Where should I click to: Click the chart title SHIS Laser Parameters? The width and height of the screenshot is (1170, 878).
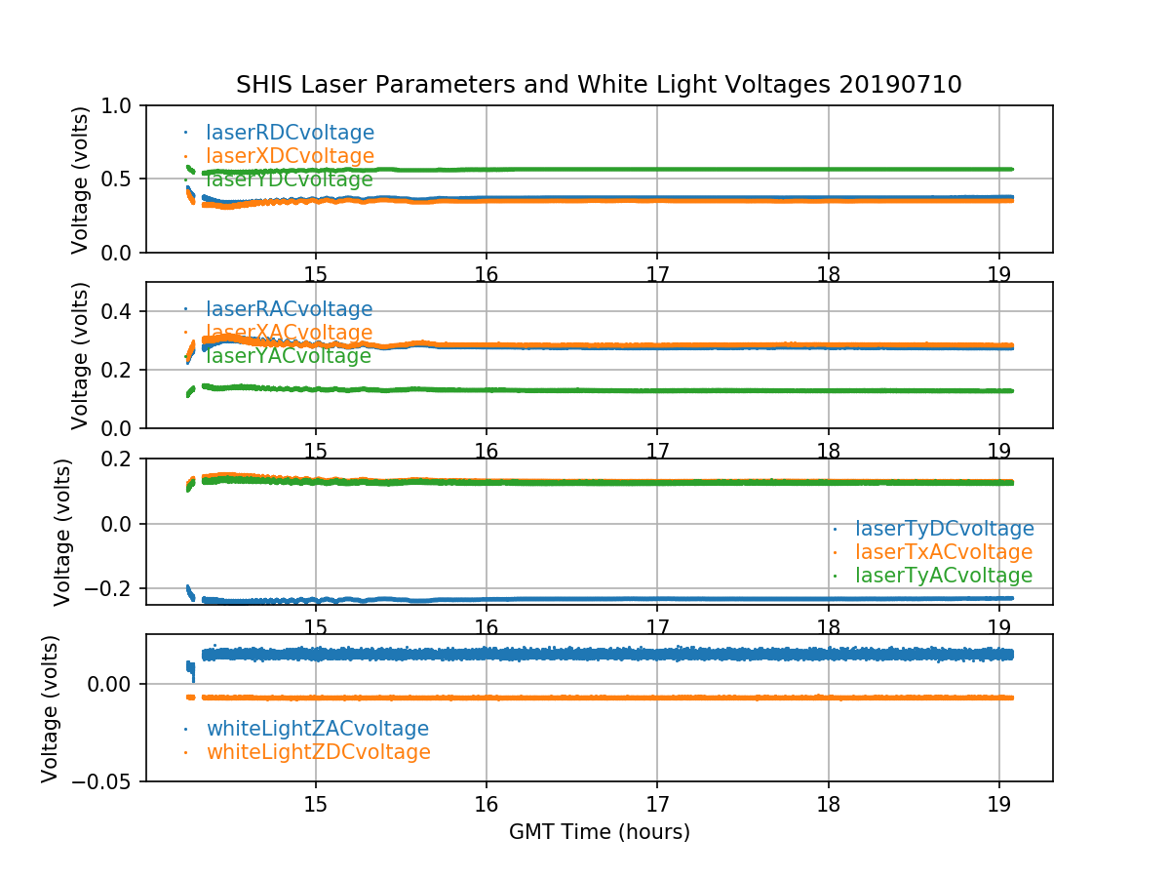[x=599, y=85]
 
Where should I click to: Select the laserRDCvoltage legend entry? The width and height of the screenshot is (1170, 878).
[x=290, y=133]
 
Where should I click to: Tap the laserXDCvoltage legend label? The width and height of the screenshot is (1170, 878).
[x=290, y=156]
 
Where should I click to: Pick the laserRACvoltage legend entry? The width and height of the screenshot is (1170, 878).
[x=289, y=309]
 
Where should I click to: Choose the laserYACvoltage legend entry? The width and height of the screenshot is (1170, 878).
[x=288, y=356]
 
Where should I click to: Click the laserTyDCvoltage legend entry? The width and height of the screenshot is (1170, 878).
[x=944, y=529]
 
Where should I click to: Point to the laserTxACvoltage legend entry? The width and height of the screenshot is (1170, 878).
[x=943, y=552]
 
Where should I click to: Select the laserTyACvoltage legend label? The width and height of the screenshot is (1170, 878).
[x=943, y=576]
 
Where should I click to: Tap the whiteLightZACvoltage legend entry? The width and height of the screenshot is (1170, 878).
[x=317, y=729]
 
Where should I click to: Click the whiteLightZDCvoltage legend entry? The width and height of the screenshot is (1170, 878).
[x=318, y=752]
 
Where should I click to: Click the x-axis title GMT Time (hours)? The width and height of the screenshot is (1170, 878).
[x=599, y=832]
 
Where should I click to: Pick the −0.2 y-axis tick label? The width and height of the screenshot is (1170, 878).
[x=111, y=588]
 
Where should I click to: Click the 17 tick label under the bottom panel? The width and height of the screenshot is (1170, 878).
[x=657, y=803]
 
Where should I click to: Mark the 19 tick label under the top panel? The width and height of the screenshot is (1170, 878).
[x=998, y=274]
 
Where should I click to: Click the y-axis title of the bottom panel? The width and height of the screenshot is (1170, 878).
[x=51, y=708]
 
